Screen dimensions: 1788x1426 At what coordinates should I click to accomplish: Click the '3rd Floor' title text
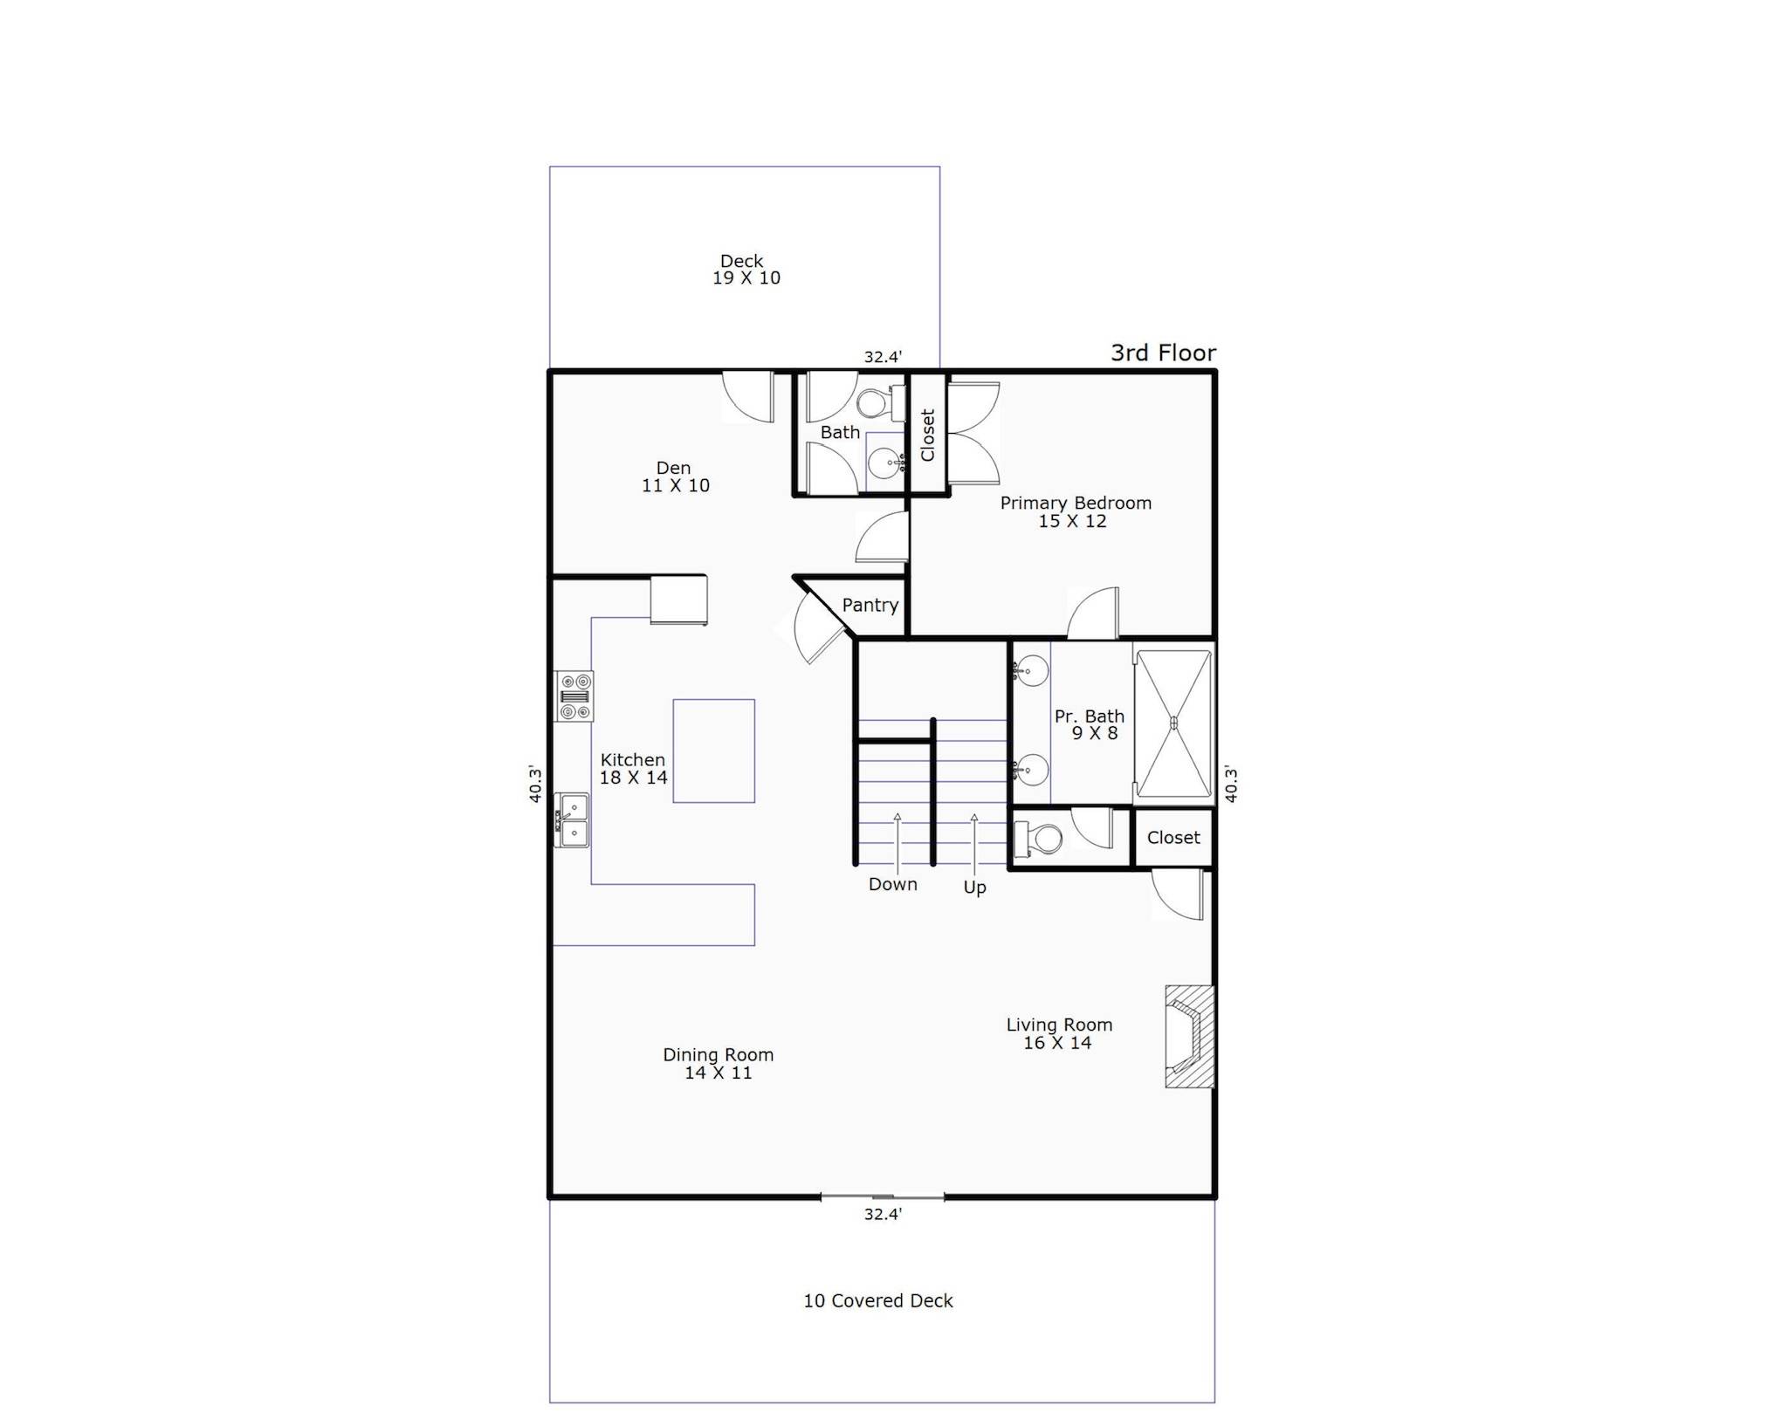point(1163,353)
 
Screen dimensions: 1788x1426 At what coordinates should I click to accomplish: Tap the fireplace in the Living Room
point(1189,1036)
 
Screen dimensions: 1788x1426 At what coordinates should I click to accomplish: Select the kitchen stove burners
point(574,696)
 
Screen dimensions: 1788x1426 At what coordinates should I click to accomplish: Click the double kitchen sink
point(572,820)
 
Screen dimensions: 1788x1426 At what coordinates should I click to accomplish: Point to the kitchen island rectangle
point(713,751)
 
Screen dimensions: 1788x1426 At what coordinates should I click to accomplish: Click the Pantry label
point(870,605)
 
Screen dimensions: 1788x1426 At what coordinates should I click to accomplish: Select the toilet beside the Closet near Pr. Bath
point(1037,839)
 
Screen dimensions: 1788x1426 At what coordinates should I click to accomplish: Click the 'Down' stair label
point(893,884)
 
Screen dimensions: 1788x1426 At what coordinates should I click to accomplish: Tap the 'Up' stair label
point(974,888)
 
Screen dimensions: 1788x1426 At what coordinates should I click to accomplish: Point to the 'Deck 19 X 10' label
point(746,269)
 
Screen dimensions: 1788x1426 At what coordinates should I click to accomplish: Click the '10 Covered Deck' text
point(878,1300)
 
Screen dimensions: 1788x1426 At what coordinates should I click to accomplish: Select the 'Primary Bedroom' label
point(1076,503)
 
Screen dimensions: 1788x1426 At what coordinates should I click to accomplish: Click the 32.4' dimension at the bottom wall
point(883,1214)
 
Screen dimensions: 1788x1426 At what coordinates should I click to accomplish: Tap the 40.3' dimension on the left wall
point(535,784)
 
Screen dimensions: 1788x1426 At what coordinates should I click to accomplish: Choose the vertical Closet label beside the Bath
point(927,435)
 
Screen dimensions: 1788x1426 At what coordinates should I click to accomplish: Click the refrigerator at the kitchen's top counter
point(678,600)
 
